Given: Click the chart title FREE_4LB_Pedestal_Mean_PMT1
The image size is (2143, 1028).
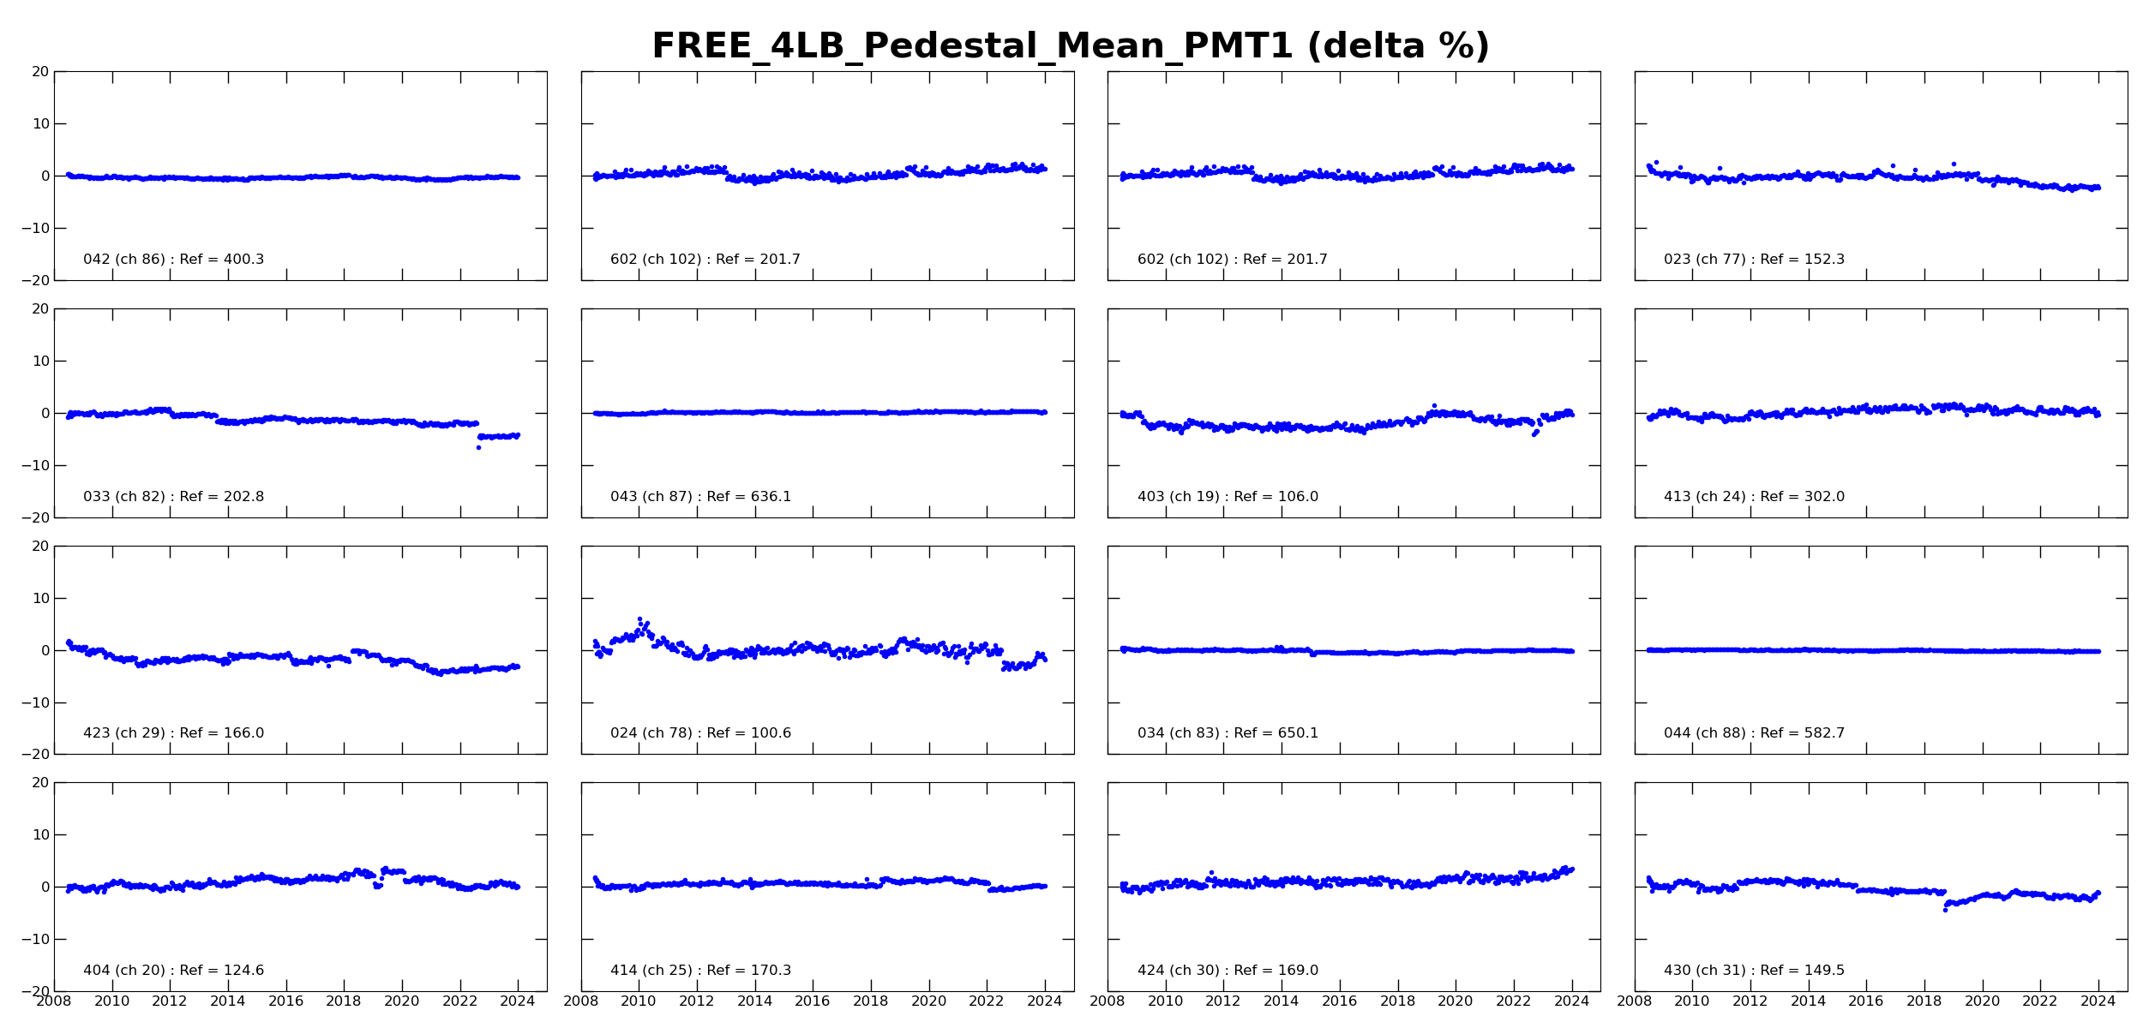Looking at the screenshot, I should pyautogui.click(x=1070, y=46).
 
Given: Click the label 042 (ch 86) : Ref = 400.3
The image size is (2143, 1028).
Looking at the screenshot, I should pyautogui.click(x=173, y=260).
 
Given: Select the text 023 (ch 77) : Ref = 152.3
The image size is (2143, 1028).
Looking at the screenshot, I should pyautogui.click(x=1754, y=260).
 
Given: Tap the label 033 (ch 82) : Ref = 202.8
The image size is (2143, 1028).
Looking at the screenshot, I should pyautogui.click(x=173, y=497).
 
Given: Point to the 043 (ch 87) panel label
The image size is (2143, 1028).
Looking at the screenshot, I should pyautogui.click(x=700, y=497).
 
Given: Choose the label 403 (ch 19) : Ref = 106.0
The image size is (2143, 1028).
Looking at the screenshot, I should pyautogui.click(x=1228, y=497).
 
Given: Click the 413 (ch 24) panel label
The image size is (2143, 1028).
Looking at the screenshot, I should pyautogui.click(x=1754, y=497).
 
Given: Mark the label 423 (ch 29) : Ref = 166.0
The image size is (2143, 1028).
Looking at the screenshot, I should pyautogui.click(x=173, y=733).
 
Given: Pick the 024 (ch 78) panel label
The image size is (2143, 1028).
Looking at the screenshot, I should pyautogui.click(x=700, y=733).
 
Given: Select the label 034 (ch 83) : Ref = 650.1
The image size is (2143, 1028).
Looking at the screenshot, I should pyautogui.click(x=1228, y=733).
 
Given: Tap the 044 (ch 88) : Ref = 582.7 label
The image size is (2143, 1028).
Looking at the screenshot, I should pyautogui.click(x=1754, y=733).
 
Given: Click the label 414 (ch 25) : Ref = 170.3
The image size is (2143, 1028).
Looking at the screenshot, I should pyautogui.click(x=700, y=971).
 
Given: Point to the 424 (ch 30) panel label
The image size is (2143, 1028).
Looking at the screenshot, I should pyautogui.click(x=1228, y=971).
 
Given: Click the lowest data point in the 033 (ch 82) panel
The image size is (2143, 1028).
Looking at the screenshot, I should pyautogui.click(x=478, y=448).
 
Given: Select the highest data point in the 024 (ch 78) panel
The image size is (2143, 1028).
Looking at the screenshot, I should pyautogui.click(x=639, y=619).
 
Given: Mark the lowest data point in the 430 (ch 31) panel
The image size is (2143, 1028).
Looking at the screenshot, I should pyautogui.click(x=1945, y=910).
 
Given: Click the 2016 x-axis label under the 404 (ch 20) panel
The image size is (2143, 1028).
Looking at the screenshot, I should pyautogui.click(x=285, y=1001).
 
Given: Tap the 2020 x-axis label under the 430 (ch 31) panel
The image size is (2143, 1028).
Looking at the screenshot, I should pyautogui.click(x=1982, y=1001).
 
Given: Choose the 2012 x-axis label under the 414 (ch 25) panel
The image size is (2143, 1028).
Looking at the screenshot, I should pyautogui.click(x=696, y=1001).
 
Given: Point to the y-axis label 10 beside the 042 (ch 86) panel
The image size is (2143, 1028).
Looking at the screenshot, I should pyautogui.click(x=41, y=124).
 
